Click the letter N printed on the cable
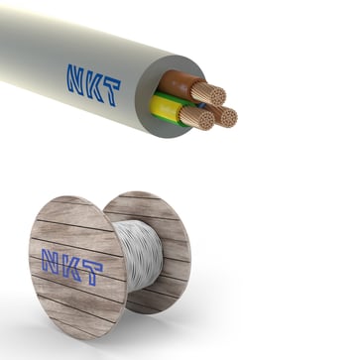(x=76, y=78)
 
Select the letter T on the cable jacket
(x=111, y=92)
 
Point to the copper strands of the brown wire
(x=210, y=93)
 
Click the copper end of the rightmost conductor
(x=227, y=117)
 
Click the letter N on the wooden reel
(x=51, y=261)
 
